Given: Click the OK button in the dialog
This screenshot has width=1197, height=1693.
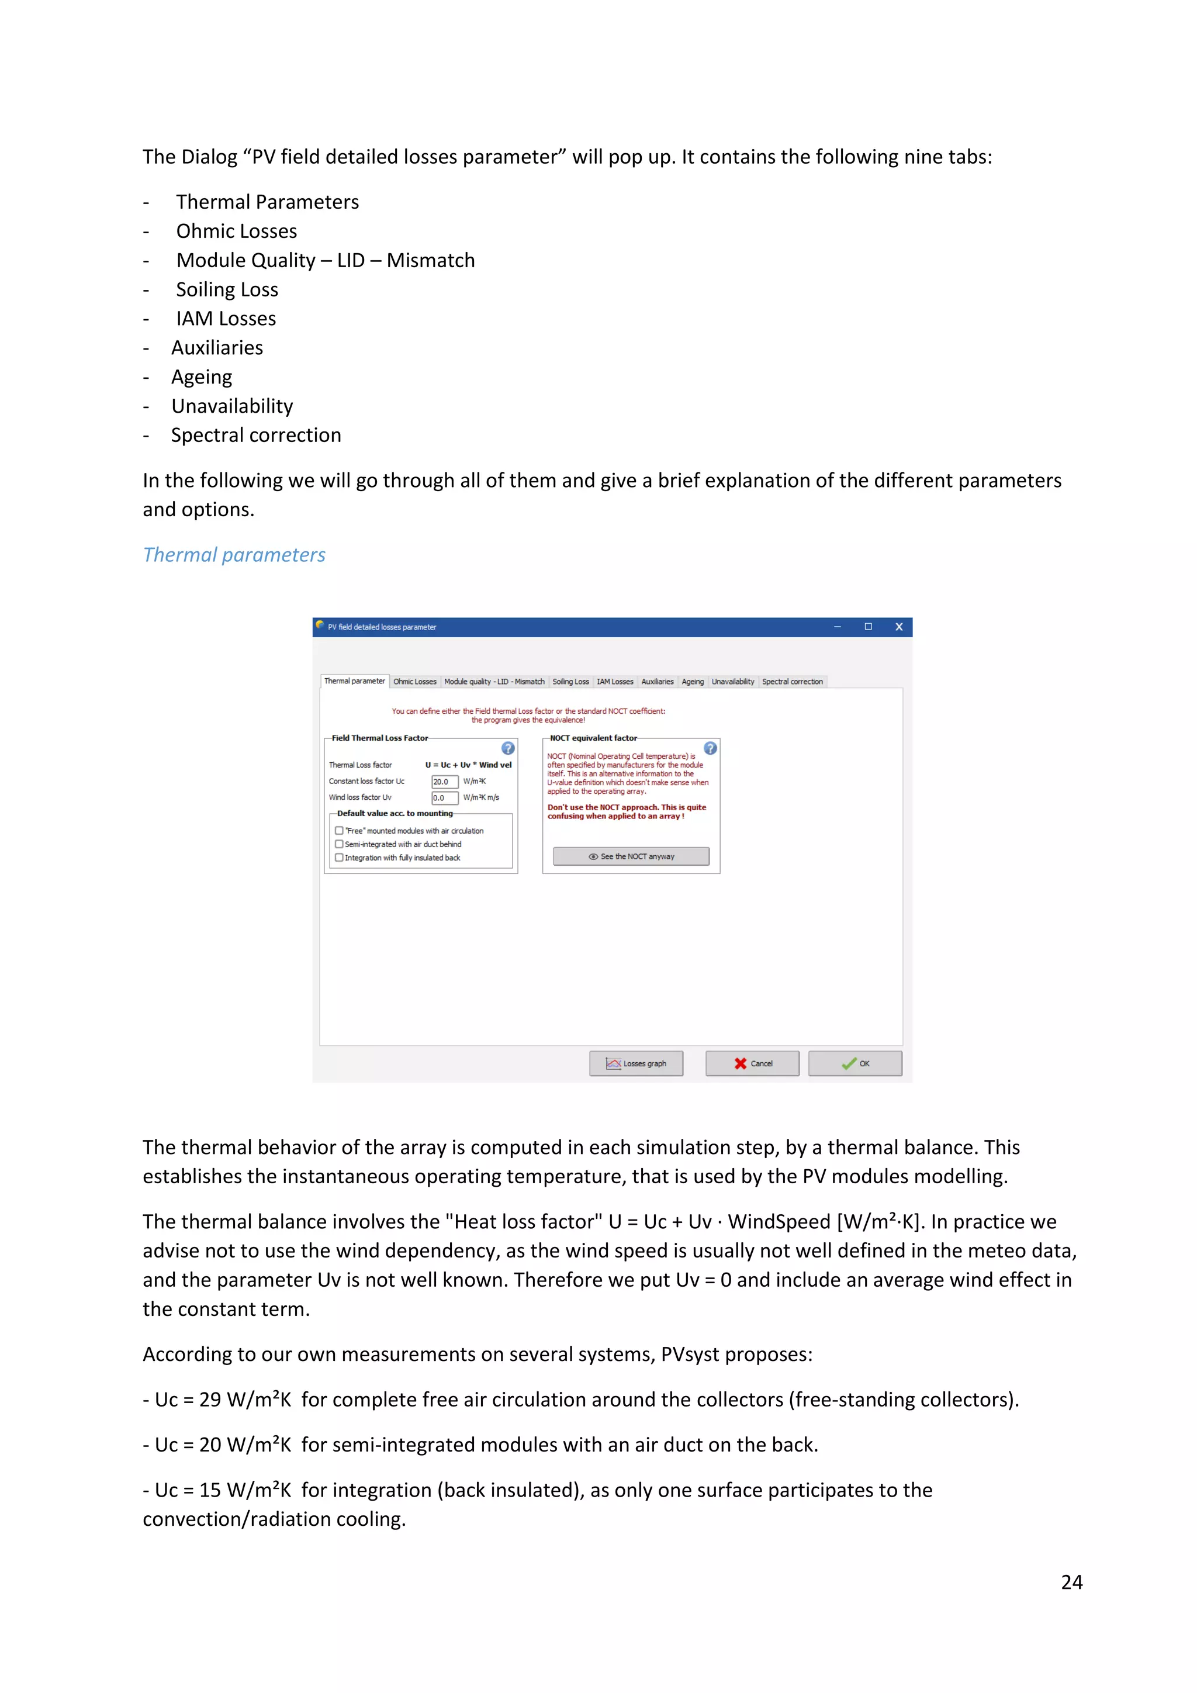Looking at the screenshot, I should (x=855, y=1063).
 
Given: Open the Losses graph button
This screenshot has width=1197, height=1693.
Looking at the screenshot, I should (x=636, y=1063).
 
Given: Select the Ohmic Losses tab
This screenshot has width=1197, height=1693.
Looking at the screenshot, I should (x=414, y=681).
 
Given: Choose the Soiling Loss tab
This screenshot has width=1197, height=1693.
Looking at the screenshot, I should (x=570, y=681).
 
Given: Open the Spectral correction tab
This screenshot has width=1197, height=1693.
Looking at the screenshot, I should (x=793, y=681).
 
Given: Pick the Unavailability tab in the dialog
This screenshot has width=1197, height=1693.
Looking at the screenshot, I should (x=733, y=681).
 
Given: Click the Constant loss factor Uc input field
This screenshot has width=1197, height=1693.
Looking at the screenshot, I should (x=444, y=782).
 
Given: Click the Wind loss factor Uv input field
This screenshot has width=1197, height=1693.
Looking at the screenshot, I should (x=444, y=798).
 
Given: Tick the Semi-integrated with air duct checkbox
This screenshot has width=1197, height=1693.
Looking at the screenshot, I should (x=339, y=844).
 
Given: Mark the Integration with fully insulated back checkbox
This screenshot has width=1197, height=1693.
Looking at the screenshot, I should (x=339, y=858).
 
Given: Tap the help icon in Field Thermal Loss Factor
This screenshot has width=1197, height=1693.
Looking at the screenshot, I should (x=508, y=748).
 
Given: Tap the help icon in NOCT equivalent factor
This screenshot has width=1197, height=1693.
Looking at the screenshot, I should (x=710, y=748).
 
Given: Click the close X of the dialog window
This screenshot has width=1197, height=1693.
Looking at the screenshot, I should (x=898, y=627).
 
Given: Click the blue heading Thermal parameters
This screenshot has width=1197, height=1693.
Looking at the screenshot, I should (x=234, y=555).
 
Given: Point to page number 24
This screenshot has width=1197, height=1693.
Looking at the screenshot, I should (x=1071, y=1582).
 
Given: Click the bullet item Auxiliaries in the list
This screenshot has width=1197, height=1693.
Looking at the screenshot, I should (x=217, y=347).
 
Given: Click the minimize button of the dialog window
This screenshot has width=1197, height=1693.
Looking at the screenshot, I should (x=838, y=627).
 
